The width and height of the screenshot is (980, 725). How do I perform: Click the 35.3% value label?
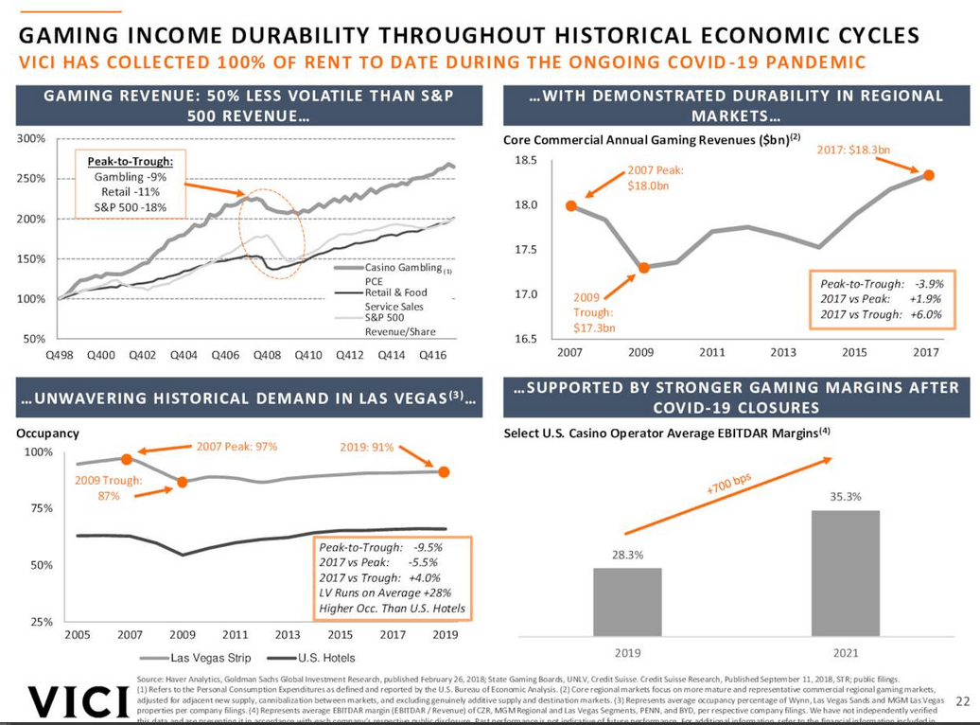coord(846,495)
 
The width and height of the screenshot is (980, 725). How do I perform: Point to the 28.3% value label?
coord(627,555)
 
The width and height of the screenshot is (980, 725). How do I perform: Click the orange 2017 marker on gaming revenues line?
coord(929,175)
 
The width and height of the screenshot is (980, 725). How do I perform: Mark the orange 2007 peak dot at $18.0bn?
coord(571,205)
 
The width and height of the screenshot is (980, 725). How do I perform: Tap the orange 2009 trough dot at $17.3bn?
coord(644,268)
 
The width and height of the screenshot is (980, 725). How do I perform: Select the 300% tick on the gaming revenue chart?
coord(32,139)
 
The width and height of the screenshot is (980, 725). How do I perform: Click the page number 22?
coord(963,701)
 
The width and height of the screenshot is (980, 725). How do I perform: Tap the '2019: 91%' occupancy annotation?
coord(366,447)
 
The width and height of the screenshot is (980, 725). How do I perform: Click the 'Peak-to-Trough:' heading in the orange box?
coord(131,161)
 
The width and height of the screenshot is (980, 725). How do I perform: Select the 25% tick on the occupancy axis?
coord(39,622)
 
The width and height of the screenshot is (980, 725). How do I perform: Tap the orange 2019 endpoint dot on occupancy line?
coord(445,471)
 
